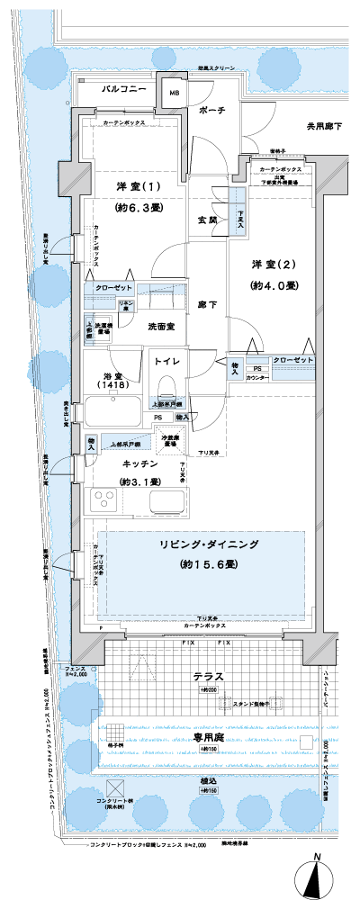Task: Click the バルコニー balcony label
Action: click(x=118, y=89)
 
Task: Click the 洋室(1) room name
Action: click(x=137, y=186)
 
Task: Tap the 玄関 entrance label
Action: click(x=206, y=220)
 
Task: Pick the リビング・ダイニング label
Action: click(x=206, y=545)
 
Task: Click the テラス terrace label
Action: click(x=207, y=675)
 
